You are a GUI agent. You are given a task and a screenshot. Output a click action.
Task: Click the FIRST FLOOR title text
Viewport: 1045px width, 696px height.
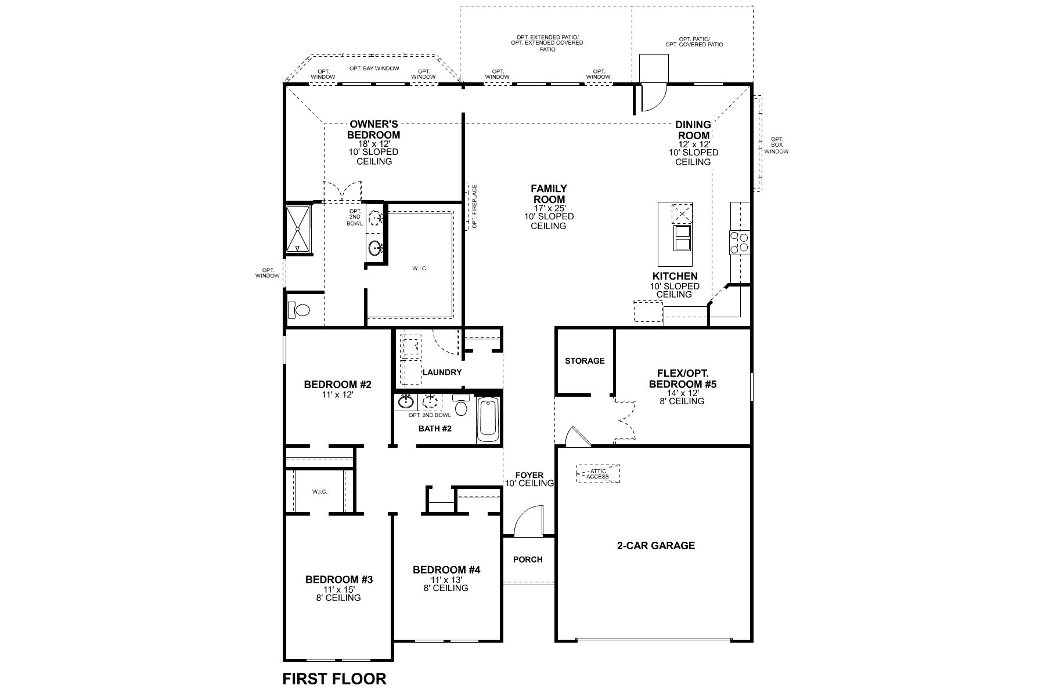point(334,679)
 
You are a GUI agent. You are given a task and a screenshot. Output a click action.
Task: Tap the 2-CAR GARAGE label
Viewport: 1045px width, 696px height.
point(655,545)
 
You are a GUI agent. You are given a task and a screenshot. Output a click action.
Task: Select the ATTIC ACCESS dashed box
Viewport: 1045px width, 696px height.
point(597,474)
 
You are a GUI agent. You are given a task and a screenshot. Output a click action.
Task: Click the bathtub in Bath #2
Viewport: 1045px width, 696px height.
point(488,419)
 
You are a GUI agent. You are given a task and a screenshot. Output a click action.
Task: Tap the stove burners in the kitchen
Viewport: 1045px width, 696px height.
point(740,242)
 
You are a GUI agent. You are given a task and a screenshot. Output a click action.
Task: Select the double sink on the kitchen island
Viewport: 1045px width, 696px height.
point(681,237)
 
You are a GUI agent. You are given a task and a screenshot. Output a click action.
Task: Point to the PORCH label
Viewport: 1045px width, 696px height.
point(528,560)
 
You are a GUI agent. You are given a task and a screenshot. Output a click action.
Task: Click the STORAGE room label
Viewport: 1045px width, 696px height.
point(585,361)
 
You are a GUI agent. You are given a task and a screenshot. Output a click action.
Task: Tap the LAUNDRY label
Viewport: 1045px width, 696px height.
point(442,372)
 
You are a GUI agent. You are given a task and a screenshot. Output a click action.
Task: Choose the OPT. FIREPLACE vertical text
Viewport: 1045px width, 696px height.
point(474,206)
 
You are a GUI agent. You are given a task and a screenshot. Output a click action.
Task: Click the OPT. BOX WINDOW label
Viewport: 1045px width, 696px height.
point(776,145)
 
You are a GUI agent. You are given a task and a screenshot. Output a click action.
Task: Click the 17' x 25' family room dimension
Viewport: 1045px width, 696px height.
point(549,208)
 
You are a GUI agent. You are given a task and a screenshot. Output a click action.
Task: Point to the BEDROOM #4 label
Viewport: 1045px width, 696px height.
point(446,570)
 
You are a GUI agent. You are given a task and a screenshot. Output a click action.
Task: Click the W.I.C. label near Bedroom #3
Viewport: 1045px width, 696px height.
point(319,491)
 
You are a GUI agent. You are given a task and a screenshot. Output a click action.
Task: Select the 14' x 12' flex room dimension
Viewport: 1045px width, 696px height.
point(682,393)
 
